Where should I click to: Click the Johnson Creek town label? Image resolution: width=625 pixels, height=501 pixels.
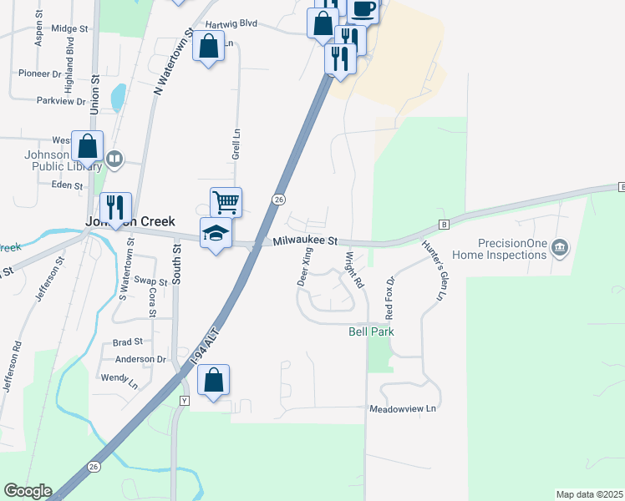pyautogui.click(x=130, y=221)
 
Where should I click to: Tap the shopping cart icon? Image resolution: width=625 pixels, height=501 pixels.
pyautogui.click(x=226, y=201)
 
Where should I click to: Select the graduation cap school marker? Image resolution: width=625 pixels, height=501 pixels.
pyautogui.click(x=216, y=233)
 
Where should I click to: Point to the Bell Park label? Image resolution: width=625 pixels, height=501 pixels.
pyautogui.click(x=371, y=331)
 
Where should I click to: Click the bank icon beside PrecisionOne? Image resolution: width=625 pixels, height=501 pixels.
pyautogui.click(x=561, y=247)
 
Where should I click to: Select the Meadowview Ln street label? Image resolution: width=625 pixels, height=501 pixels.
pyautogui.click(x=403, y=409)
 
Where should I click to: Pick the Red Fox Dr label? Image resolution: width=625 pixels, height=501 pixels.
pyautogui.click(x=389, y=297)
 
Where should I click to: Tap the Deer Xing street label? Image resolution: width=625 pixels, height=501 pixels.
pyautogui.click(x=306, y=267)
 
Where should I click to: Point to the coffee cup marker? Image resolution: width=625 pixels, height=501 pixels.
pyautogui.click(x=363, y=8)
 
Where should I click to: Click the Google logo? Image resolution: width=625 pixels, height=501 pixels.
pyautogui.click(x=28, y=491)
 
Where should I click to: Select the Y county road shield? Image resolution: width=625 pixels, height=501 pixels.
pyautogui.click(x=185, y=401)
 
